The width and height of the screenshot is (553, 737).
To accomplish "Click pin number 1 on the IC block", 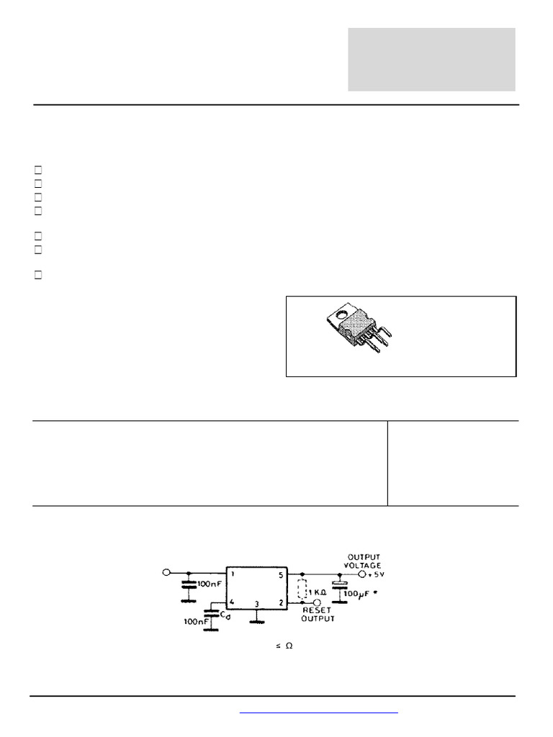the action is [233, 575].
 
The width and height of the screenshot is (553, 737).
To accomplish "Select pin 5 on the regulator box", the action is [282, 575].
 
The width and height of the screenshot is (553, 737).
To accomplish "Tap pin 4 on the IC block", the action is [233, 602].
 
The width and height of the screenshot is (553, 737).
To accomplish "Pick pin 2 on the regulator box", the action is [282, 603].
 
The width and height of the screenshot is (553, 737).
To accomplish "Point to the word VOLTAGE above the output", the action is [364, 565].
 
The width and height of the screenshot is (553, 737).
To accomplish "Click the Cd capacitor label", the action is [225, 616].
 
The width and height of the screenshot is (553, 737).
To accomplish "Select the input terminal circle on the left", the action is [166, 573].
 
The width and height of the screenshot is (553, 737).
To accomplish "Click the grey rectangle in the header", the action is [431, 60].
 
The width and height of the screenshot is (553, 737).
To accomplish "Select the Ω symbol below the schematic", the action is [289, 646].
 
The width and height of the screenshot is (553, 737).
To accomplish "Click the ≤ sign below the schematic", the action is [277, 646].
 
